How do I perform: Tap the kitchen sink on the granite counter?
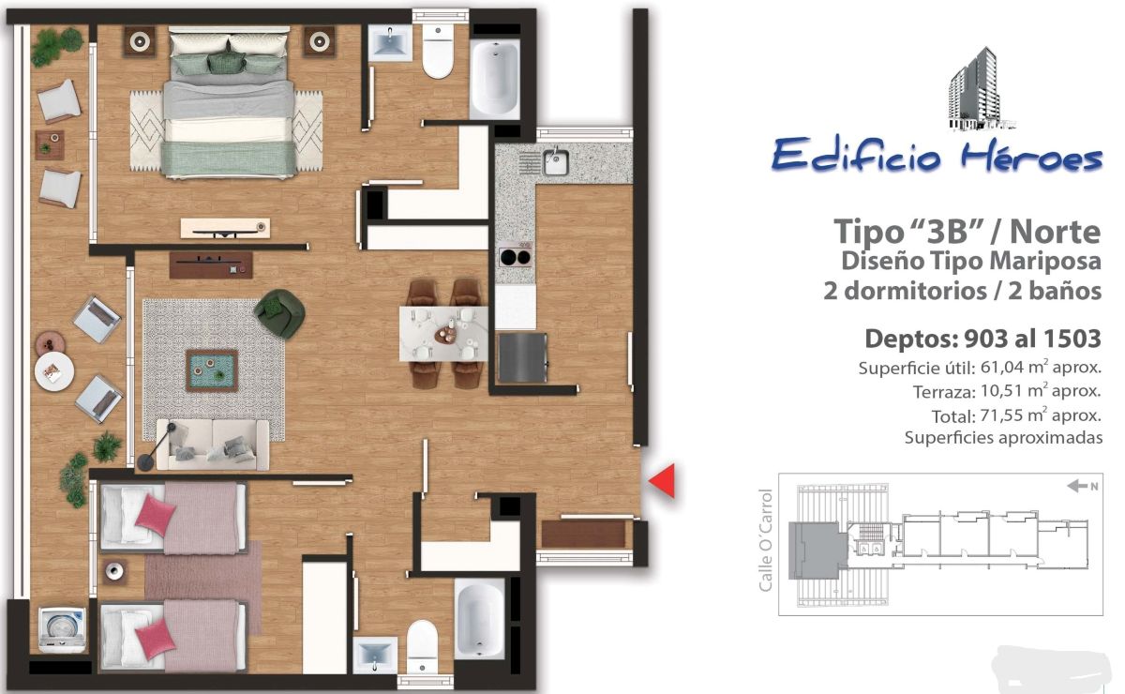(x=555, y=162)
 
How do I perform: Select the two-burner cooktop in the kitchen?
(x=516, y=257)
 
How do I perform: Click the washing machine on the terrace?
(x=62, y=629)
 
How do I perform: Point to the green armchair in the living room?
(x=280, y=313)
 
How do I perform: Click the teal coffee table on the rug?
(x=212, y=370)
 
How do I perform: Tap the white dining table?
(x=442, y=334)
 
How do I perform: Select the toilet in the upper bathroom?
(x=438, y=50)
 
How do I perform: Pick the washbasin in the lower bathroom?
(x=375, y=656)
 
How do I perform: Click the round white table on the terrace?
(x=54, y=371)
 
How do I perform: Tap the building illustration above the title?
(x=979, y=89)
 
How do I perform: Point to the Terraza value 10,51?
(x=1001, y=391)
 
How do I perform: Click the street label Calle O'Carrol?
(x=765, y=540)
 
